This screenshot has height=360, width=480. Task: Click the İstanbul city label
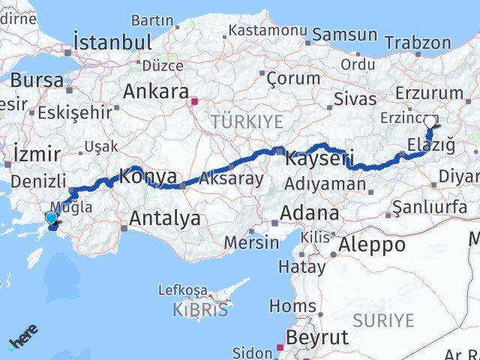tap(112, 42)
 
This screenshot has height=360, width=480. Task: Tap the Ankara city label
tap(155, 92)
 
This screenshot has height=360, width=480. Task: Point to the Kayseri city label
tap(319, 158)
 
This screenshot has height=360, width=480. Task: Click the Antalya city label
tap(165, 218)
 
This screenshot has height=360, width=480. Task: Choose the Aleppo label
tap(372, 244)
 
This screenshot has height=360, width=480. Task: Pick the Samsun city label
tap(345, 34)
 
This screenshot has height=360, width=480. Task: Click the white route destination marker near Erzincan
tap(430, 121)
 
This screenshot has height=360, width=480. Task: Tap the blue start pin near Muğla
tap(51, 218)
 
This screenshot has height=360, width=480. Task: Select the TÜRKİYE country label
tap(247, 121)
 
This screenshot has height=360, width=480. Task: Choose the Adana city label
tap(309, 213)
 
